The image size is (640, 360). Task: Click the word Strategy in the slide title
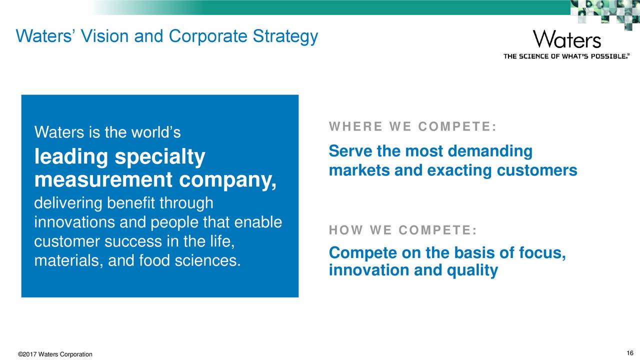tap(284, 37)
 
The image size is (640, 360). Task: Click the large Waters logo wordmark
tap(566, 39)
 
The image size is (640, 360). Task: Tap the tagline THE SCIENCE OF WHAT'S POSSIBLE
tap(566, 56)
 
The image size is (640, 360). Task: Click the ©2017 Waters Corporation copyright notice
tap(55, 354)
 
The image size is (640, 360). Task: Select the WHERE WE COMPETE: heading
tap(412, 127)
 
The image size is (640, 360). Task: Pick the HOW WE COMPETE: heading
tap(402, 230)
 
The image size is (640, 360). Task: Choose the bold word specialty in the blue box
tap(160, 157)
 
